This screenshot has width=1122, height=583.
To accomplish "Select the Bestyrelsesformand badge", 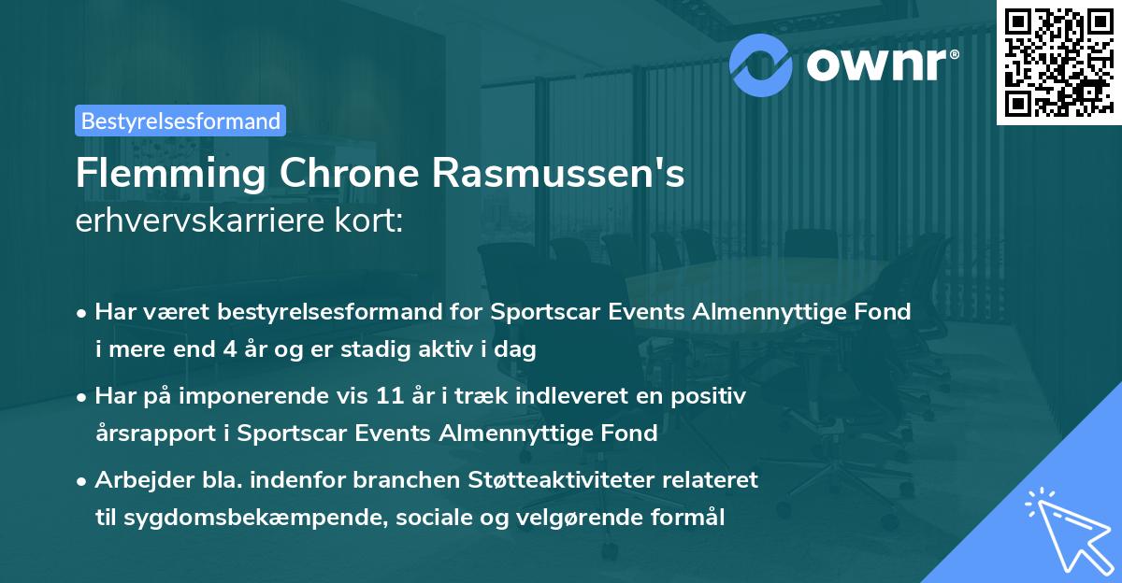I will pyautogui.click(x=180, y=121).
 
